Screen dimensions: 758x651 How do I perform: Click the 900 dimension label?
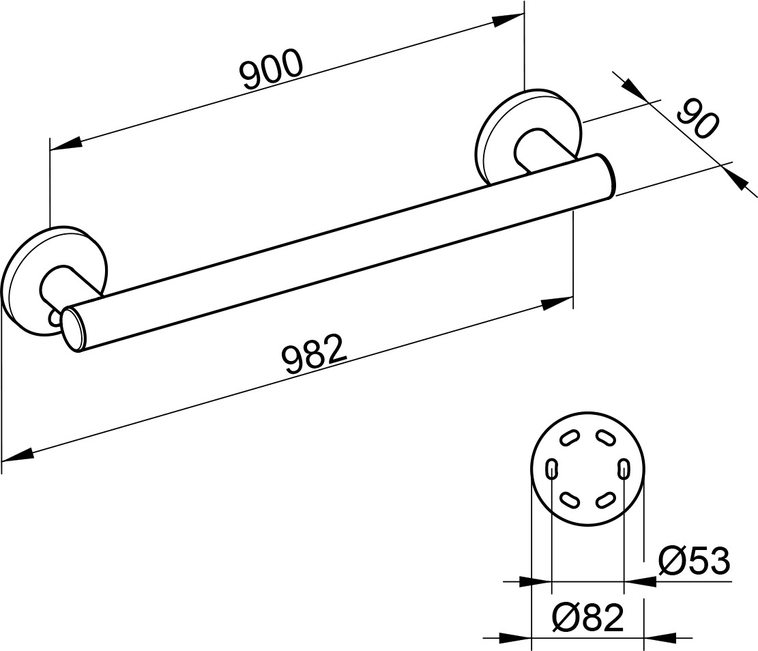[x=272, y=69]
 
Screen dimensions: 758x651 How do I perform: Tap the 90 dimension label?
[x=697, y=119]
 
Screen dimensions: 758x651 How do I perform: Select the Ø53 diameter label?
[x=694, y=561]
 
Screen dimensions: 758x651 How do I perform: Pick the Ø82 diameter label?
[x=587, y=618]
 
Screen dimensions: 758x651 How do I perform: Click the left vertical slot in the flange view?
[x=551, y=469]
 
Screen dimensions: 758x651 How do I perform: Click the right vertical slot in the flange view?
[x=624, y=469]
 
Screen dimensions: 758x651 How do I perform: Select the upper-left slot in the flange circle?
[x=570, y=437]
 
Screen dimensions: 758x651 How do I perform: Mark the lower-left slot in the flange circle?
[x=570, y=500]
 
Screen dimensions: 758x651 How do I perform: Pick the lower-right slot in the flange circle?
[x=606, y=500]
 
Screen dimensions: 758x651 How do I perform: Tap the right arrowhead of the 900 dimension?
[x=508, y=20]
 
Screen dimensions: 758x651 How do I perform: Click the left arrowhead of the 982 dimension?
[x=18, y=454]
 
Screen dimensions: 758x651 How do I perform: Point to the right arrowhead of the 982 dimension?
[x=557, y=303]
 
